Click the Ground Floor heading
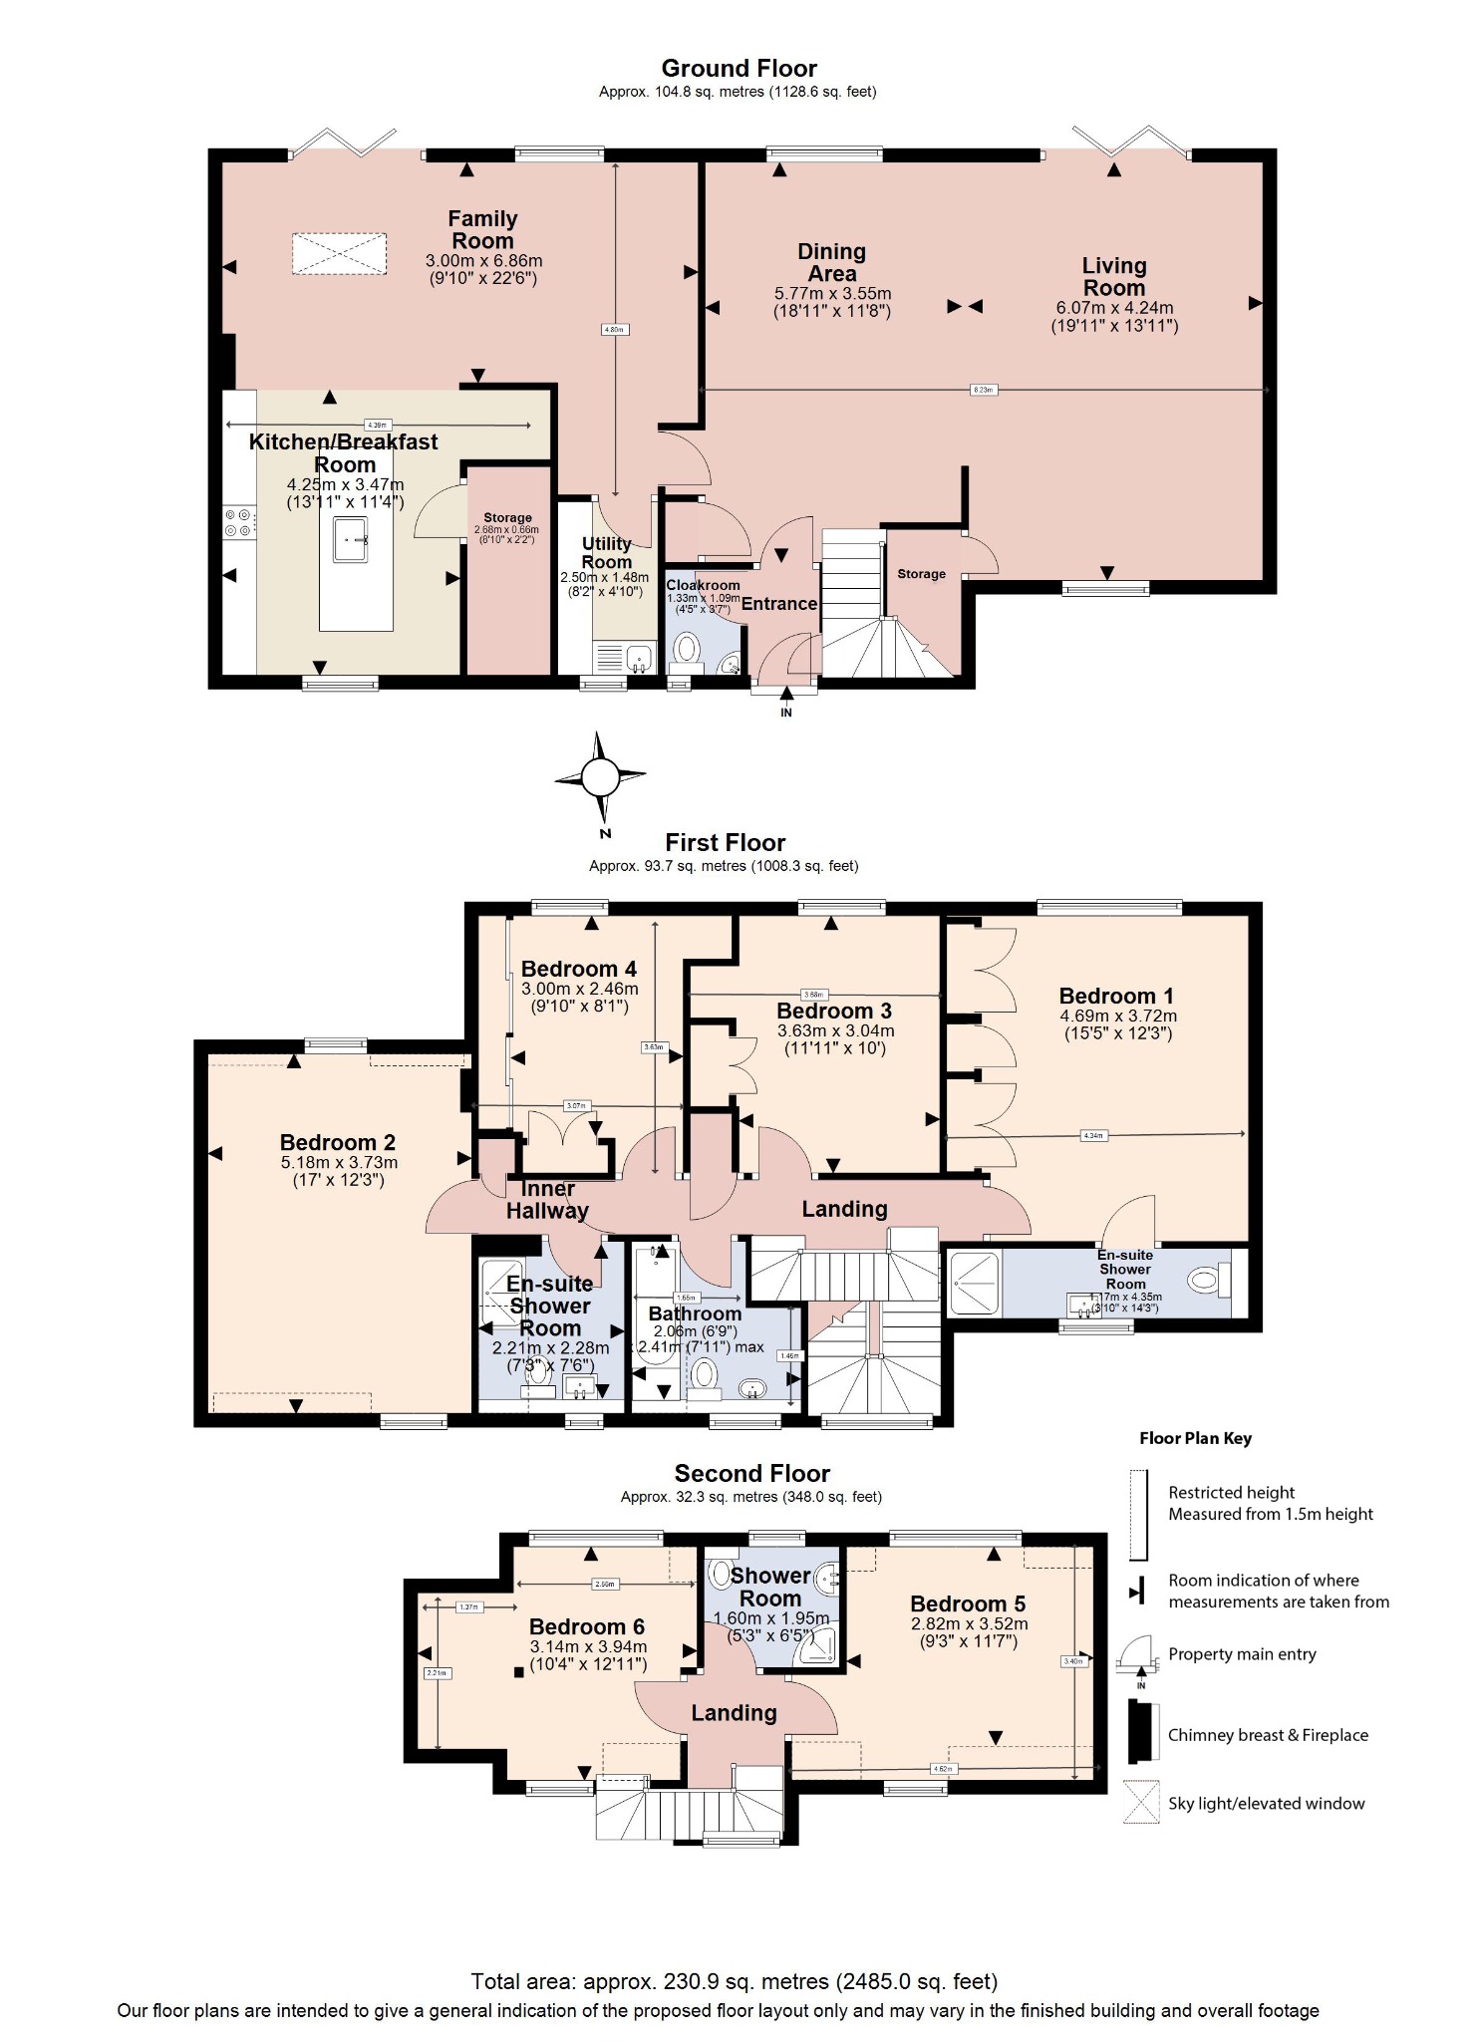pos(739,69)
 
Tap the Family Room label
pos(482,230)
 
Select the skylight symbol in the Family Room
pos(339,254)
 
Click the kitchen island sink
pos(351,539)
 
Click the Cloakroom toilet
pos(687,650)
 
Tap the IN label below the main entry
pos(786,713)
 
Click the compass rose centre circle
pos(600,776)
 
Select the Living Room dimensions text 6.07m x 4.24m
pos(1114,308)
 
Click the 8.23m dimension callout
pos(983,390)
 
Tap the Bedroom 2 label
pos(337,1143)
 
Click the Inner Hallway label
pos(547,1200)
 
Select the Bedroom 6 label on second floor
pos(587,1626)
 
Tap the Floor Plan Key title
pos(1195,1438)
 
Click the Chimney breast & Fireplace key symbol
pos(1142,1733)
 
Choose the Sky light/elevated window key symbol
pos(1142,1802)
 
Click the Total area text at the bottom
pos(734,1981)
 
